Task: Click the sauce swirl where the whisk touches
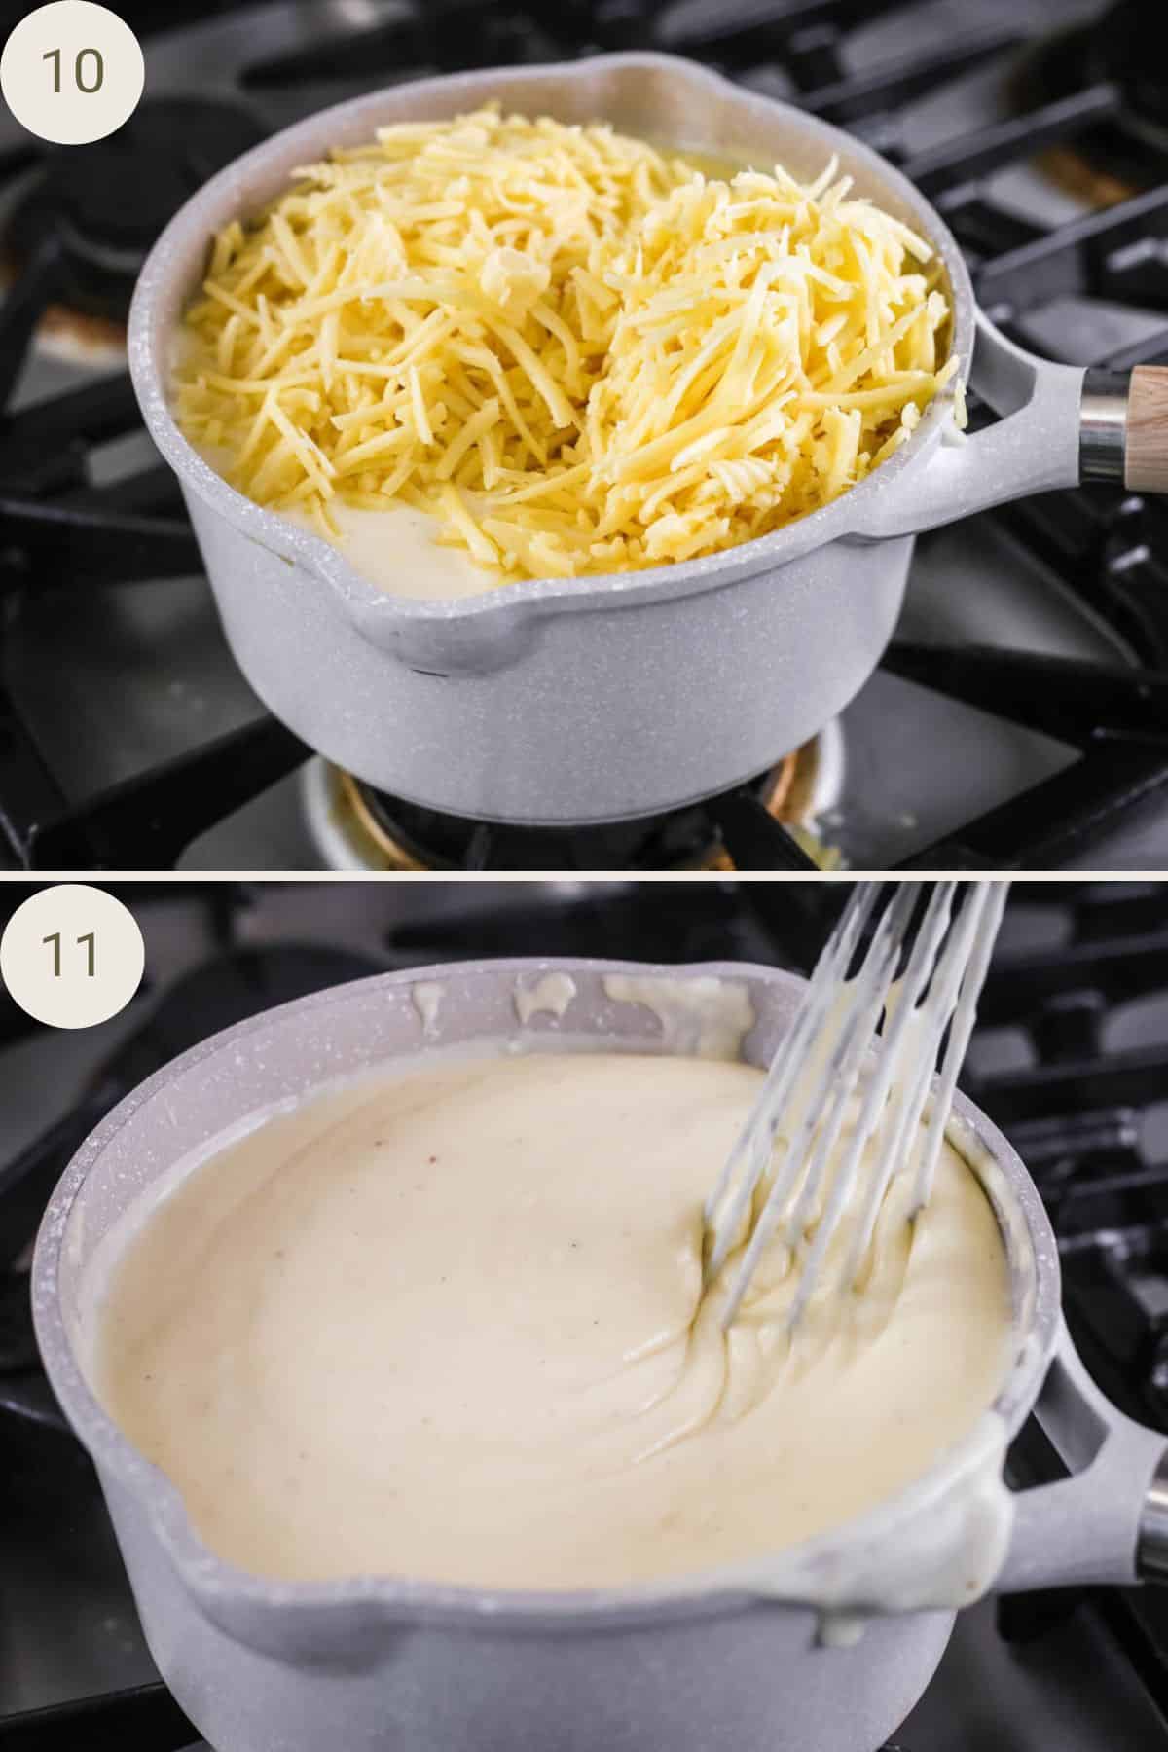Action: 720,1265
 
